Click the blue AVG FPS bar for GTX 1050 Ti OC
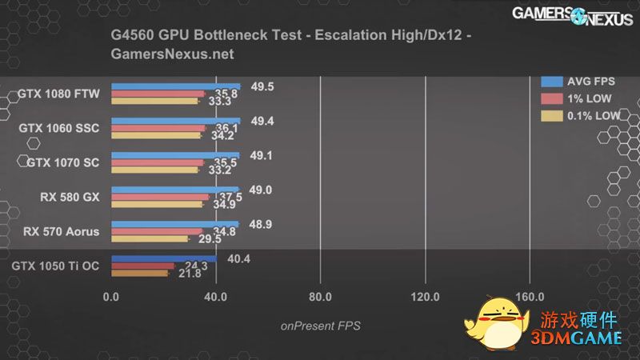163,258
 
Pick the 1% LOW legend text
589,98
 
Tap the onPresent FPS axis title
320,326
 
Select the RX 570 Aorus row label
62,232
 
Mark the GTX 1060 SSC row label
58,128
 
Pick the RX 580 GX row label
70,197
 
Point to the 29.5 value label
210,238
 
